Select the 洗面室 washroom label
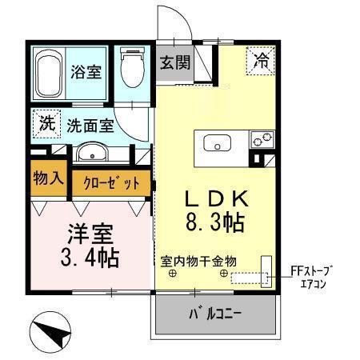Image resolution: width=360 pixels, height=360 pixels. [x=89, y=126]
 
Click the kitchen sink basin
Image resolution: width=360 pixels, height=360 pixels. [x=216, y=144]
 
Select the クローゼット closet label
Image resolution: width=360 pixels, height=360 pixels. [x=111, y=182]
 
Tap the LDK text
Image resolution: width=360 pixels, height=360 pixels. [x=211, y=198]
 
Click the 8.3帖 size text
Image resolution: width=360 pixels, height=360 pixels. [x=212, y=222]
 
